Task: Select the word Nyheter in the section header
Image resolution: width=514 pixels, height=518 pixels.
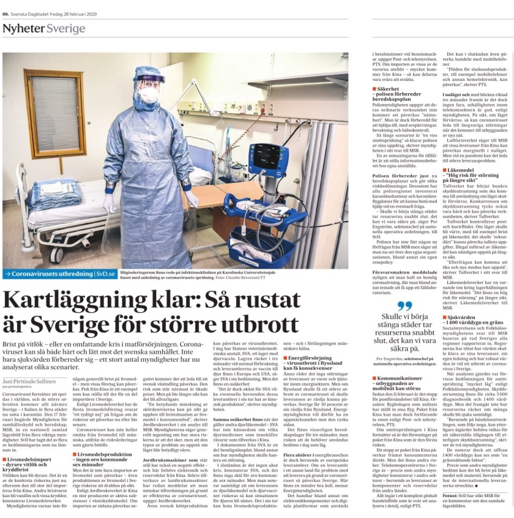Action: (23, 29)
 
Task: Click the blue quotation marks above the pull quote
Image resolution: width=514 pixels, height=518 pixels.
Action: (404, 306)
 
